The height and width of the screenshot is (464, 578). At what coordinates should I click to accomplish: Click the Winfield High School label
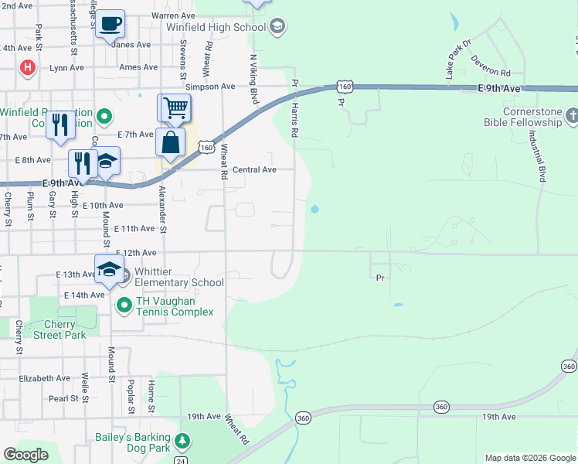pos(216,28)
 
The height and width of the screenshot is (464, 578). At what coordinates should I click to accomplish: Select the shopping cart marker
pos(175,107)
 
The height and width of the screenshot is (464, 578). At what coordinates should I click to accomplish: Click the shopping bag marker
pos(170,142)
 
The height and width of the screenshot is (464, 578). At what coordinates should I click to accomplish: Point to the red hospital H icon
pos(28,68)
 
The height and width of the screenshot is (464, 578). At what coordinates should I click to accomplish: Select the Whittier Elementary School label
pos(178,277)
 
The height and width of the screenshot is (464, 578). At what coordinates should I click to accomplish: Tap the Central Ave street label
pos(254,169)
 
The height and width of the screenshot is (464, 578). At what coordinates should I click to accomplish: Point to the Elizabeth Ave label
pos(45,378)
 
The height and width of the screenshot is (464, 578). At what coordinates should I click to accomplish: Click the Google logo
pos(25,455)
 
